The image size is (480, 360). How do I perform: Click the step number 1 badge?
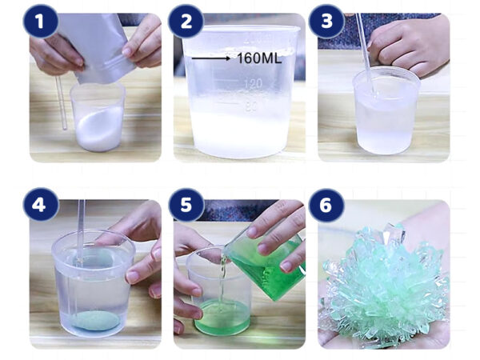[x=41, y=21]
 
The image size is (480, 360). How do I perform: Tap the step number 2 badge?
[x=186, y=21]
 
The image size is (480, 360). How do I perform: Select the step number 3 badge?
[x=326, y=21]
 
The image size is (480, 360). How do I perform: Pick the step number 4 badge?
[x=41, y=205]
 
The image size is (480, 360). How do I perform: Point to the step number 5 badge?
[x=186, y=205]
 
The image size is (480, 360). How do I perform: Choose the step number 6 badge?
[x=326, y=205]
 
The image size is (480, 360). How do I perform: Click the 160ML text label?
[x=259, y=58]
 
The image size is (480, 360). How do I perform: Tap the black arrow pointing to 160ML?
[x=211, y=58]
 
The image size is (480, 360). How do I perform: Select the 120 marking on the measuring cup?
[x=252, y=83]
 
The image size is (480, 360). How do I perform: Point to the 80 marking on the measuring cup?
[x=252, y=106]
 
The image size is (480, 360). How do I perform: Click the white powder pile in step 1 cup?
[x=98, y=129]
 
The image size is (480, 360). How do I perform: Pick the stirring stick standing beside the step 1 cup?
[x=61, y=103]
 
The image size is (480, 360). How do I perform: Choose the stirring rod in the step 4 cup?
[x=80, y=233]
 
